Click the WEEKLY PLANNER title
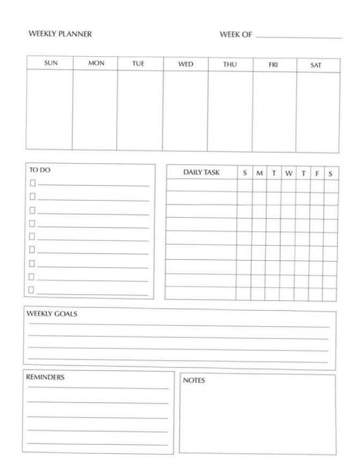[60, 34]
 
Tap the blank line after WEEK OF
[298, 37]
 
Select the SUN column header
[51, 63]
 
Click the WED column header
[185, 64]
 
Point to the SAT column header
[316, 65]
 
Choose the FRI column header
[273, 65]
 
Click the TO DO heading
[40, 170]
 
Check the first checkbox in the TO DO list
[32, 183]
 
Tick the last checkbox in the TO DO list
[31, 290]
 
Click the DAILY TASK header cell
[201, 172]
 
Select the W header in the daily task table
[289, 173]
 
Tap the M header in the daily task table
[259, 173]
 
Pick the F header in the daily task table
[317, 174]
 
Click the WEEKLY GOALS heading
[52, 314]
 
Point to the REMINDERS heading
[45, 377]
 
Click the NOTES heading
[194, 381]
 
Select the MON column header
[96, 63]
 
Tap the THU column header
[230, 64]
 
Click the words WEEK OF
[236, 35]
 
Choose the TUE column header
[138, 63]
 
